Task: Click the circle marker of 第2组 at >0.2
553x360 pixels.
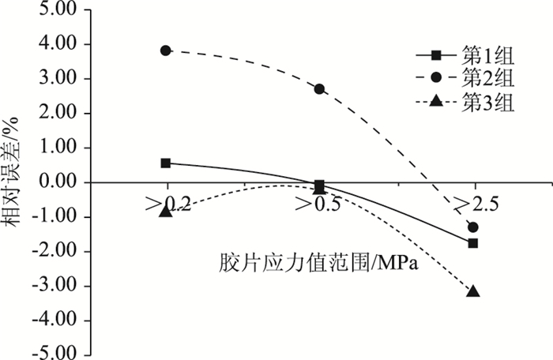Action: [x=166, y=51]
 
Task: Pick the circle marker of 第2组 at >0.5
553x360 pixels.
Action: [x=319, y=89]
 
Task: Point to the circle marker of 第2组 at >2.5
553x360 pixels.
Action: [x=473, y=227]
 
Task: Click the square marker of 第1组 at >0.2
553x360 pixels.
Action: [x=166, y=163]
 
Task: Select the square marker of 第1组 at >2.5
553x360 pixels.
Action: [x=473, y=243]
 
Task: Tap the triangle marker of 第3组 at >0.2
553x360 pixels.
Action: [x=166, y=211]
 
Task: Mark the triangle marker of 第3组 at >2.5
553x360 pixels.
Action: [x=473, y=291]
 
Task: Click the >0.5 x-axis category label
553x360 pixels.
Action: [x=319, y=205]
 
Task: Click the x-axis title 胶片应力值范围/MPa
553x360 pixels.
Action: [x=318, y=262]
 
